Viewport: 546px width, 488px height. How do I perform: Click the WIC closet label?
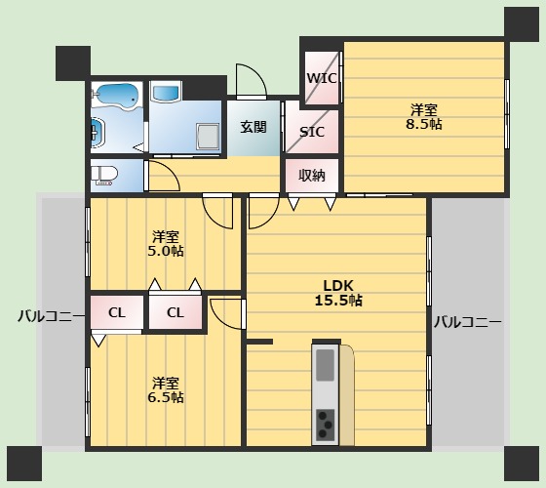(x=322, y=78)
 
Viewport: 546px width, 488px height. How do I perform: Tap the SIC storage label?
(x=312, y=132)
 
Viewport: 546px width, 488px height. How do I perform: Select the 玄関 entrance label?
(x=253, y=127)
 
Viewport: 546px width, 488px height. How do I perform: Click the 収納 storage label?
(x=312, y=176)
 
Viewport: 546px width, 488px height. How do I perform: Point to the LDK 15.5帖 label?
(x=338, y=293)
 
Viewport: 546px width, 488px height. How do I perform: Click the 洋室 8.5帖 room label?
(x=424, y=117)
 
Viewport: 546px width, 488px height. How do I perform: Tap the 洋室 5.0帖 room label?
(x=166, y=244)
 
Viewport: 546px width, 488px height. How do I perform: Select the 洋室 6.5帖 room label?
(x=166, y=390)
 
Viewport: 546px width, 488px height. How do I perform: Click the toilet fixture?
(x=104, y=175)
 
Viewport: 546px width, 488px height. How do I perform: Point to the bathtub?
(x=117, y=96)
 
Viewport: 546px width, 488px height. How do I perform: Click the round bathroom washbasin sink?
(x=97, y=133)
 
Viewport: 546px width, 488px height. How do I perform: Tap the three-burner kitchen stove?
(x=326, y=426)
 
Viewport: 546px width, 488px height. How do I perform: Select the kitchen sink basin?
(x=326, y=365)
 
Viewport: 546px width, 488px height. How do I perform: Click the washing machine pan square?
(x=208, y=136)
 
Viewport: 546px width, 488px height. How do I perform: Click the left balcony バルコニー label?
(x=51, y=316)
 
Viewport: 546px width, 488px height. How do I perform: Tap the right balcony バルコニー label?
(x=468, y=322)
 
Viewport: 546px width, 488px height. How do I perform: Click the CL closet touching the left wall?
(x=117, y=312)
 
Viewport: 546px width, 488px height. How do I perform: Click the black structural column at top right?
(x=522, y=24)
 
